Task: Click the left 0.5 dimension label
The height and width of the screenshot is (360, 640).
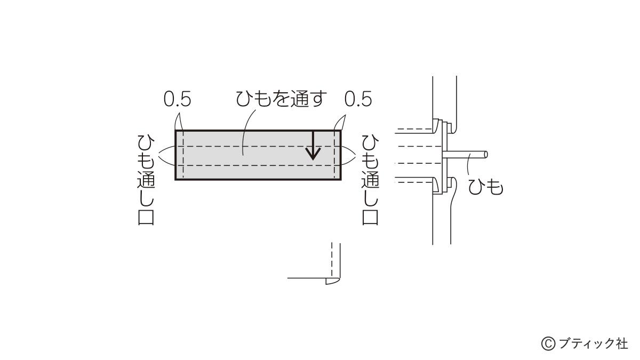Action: coord(177,99)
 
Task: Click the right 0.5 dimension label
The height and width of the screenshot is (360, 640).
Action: coord(358,99)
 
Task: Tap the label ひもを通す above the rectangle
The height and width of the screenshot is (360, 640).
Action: coord(281,99)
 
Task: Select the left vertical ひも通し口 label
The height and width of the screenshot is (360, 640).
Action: coord(146,180)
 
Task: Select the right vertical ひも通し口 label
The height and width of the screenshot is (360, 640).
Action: coord(370,180)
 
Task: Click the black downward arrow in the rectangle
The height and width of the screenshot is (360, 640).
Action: coord(314,146)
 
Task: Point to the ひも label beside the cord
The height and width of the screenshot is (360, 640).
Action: coord(486,187)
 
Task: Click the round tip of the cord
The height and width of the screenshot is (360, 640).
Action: coord(486,155)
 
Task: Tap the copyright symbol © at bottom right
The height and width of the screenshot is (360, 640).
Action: coord(548,343)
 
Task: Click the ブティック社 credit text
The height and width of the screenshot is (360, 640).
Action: coord(593,343)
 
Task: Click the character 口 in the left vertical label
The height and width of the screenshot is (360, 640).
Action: coord(146,218)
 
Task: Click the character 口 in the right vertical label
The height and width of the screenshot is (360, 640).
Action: coord(370,218)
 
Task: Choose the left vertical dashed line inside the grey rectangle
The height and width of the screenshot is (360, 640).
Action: coord(183,155)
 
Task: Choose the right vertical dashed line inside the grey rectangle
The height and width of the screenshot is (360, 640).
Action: coord(334,155)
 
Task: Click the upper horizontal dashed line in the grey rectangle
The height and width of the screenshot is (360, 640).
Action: coord(258,147)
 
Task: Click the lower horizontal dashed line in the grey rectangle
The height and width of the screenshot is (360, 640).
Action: coord(258,165)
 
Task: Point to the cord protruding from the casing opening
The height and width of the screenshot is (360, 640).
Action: coord(465,155)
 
